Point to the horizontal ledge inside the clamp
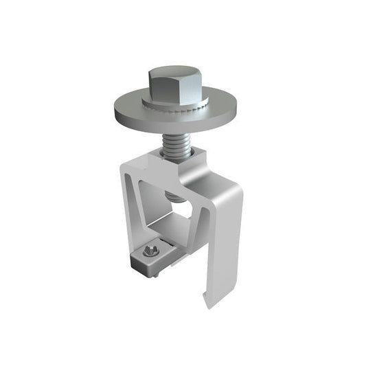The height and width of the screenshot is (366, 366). (x=168, y=233)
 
